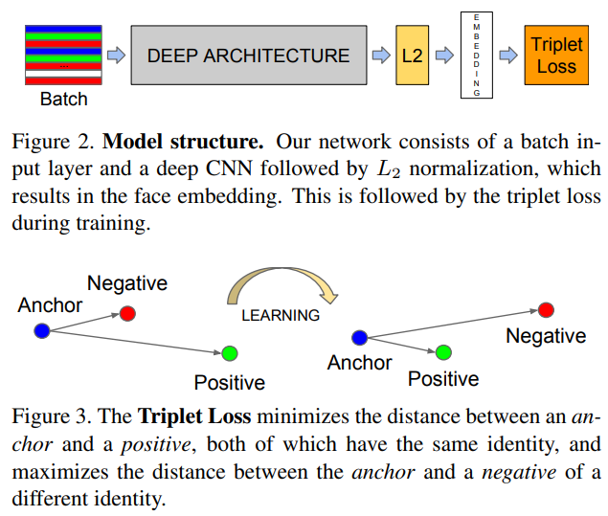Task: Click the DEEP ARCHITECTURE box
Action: point(248,55)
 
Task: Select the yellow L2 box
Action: point(412,55)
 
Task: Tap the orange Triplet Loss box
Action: point(555,55)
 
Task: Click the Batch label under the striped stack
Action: point(63,100)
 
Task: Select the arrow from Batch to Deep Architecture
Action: point(116,55)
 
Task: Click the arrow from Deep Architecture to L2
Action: point(380,55)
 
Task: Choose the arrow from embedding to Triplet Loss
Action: point(507,55)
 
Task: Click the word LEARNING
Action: point(280,314)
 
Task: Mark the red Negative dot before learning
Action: point(127,312)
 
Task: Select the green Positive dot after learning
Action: point(442,352)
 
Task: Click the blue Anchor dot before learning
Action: point(41,331)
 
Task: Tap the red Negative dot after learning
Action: point(546,309)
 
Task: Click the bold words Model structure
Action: point(183,143)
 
